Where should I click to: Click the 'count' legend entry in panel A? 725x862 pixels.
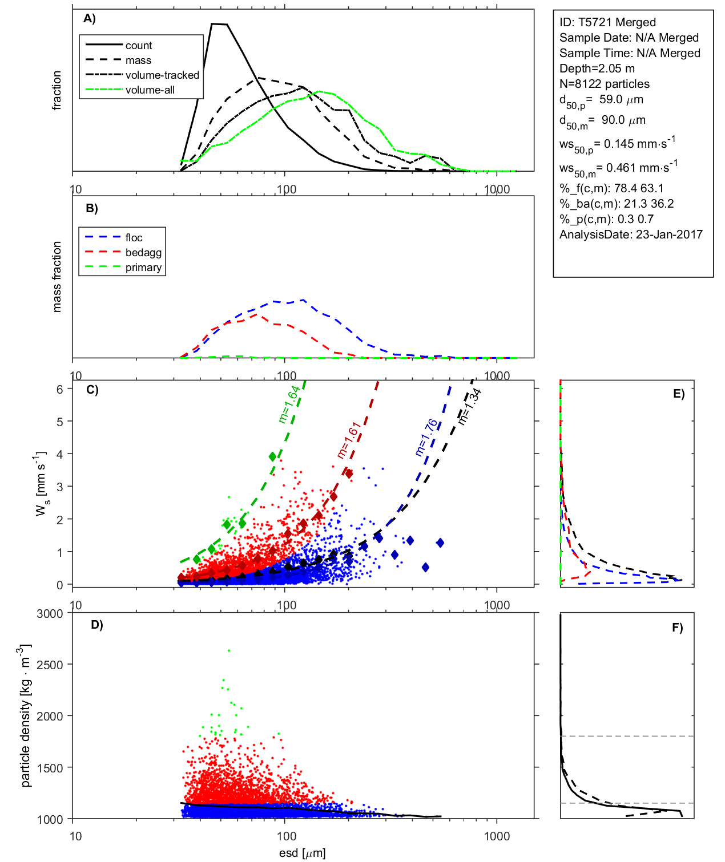[x=139, y=46]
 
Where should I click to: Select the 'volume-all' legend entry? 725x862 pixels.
[x=150, y=90]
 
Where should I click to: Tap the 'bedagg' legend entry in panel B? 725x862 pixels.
[x=143, y=253]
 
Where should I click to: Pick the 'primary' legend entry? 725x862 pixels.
[x=143, y=268]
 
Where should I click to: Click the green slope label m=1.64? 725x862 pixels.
[x=289, y=404]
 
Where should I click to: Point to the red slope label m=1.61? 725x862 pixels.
[x=348, y=440]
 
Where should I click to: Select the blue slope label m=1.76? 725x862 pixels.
[x=426, y=438]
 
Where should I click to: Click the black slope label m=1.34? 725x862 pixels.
[x=470, y=406]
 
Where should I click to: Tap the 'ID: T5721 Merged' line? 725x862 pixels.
[x=607, y=22]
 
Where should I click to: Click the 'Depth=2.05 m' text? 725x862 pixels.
[x=597, y=68]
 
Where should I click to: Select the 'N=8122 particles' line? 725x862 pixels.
[x=604, y=84]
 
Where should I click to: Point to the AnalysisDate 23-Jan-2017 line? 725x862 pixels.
[x=631, y=234]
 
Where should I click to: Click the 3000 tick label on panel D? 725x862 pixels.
[x=50, y=614]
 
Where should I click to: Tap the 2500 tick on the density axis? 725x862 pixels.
[x=50, y=665]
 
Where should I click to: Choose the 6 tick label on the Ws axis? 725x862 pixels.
[x=59, y=389]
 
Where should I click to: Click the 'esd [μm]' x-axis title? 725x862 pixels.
[x=302, y=853]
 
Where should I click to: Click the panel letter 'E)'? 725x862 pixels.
[x=678, y=394]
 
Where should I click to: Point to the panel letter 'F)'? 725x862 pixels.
[x=677, y=628]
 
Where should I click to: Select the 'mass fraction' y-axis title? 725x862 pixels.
[x=57, y=277]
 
